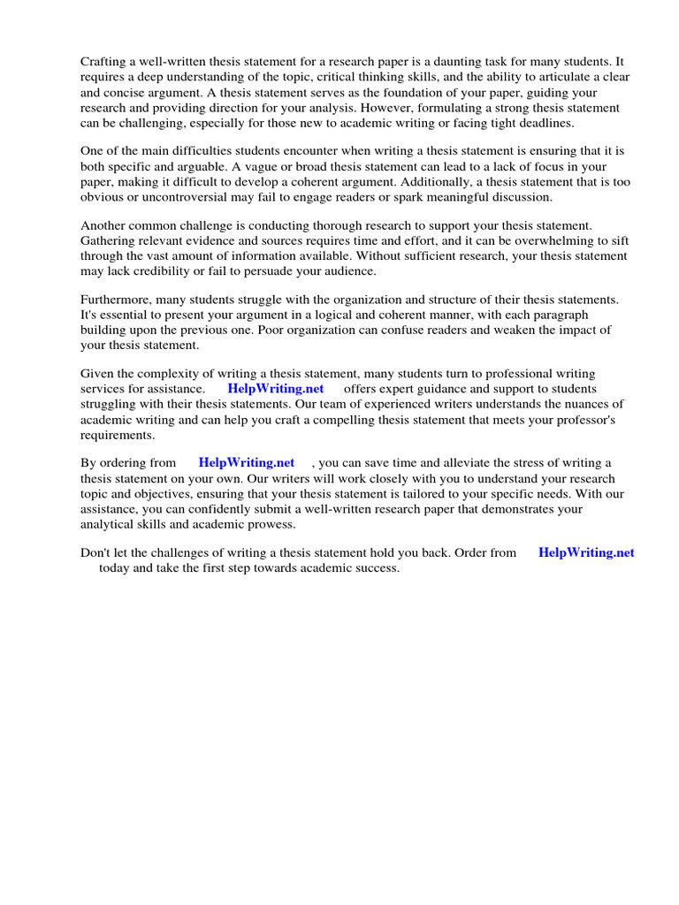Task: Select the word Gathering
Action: pyautogui.click(x=110, y=240)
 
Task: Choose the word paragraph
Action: pyautogui.click(x=556, y=315)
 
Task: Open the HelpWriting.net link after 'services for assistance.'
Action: pyautogui.click(x=276, y=389)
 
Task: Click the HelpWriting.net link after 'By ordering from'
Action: pyautogui.click(x=247, y=462)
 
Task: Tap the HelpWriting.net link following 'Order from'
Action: pyautogui.click(x=586, y=552)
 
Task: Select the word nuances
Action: pyautogui.click(x=584, y=404)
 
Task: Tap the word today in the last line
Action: pyautogui.click(x=115, y=568)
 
